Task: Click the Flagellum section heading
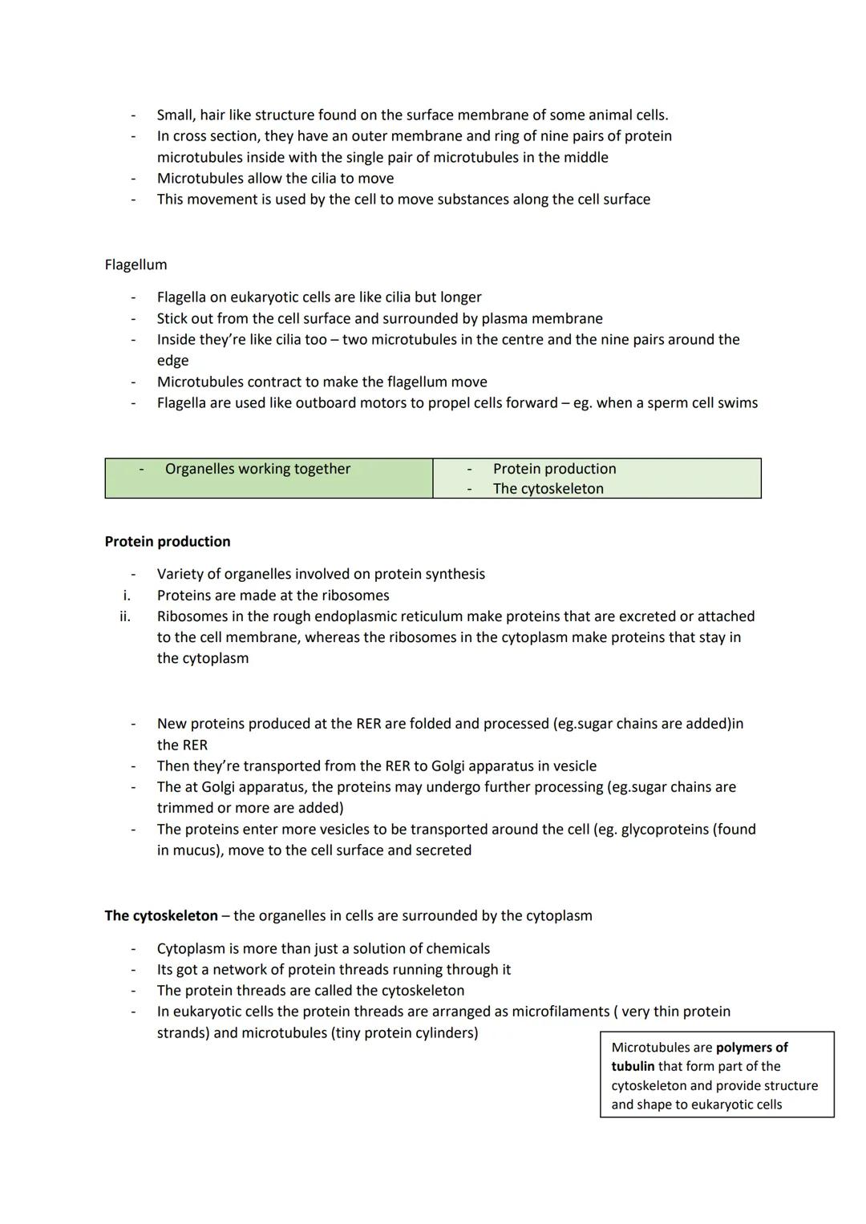click(136, 265)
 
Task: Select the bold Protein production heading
click(168, 542)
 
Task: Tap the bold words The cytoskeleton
click(161, 915)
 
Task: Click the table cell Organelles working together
click(257, 469)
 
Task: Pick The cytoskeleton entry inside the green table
click(548, 489)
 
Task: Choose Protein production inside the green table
click(554, 469)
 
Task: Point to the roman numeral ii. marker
click(124, 616)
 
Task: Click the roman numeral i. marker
click(126, 596)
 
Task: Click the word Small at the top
click(176, 115)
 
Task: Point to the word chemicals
click(455, 949)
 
